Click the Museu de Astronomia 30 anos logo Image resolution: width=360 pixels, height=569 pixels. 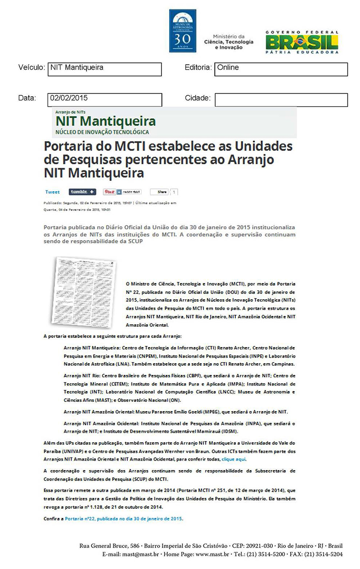tap(183, 30)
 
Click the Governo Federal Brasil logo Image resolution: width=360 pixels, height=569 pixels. tap(301, 42)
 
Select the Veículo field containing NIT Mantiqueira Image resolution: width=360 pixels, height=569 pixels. tap(104, 69)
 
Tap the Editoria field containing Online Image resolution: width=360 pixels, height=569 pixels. tap(281, 69)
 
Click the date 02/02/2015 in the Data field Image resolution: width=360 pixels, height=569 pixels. tap(69, 97)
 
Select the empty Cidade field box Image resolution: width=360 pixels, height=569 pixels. tap(281, 99)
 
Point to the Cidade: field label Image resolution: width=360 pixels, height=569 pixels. tap(198, 98)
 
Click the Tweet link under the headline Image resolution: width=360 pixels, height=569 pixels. tap(53, 192)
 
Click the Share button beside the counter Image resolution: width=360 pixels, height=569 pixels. tap(162, 192)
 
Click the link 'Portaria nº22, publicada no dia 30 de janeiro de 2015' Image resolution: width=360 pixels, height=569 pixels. tap(124, 519)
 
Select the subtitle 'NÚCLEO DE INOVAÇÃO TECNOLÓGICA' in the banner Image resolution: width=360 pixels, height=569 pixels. tap(102, 132)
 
